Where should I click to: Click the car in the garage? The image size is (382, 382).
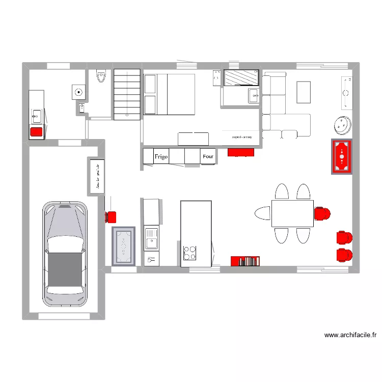pyautogui.click(x=65, y=255)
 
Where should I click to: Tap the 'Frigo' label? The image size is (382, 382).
pyautogui.click(x=161, y=157)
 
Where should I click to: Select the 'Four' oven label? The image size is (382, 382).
pyautogui.click(x=208, y=157)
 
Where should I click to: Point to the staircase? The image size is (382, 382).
pyautogui.click(x=127, y=94)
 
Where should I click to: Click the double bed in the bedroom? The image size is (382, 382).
pyautogui.click(x=169, y=94)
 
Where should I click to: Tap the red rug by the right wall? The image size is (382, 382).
pyautogui.click(x=341, y=156)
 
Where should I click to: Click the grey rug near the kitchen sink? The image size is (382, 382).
pyautogui.click(x=123, y=247)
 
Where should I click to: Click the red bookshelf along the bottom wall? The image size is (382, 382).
pyautogui.click(x=246, y=261)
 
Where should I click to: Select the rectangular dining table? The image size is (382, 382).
pyautogui.click(x=292, y=213)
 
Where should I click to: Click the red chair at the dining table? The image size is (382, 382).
pyautogui.click(x=322, y=214)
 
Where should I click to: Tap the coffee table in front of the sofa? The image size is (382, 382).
pyautogui.click(x=304, y=92)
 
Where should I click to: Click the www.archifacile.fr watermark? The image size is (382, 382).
pyautogui.click(x=350, y=335)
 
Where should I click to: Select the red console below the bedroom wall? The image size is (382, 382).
pyautogui.click(x=240, y=152)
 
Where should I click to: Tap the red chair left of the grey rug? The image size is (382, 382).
pyautogui.click(x=111, y=217)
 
